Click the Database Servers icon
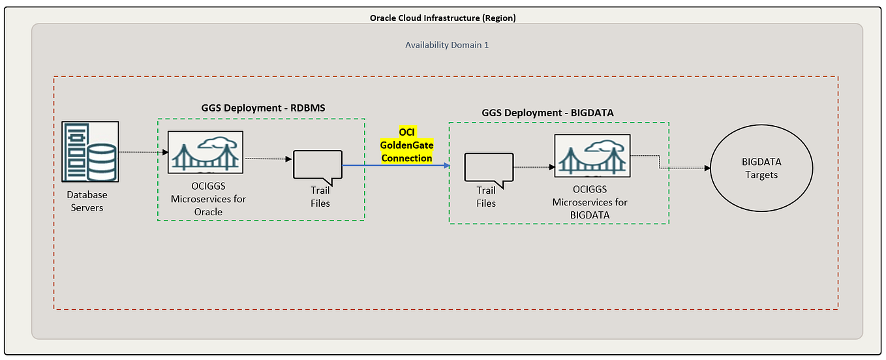tap(90, 151)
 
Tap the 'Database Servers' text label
tap(87, 201)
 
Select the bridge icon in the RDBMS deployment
tap(206, 152)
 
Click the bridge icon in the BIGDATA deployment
tap(592, 155)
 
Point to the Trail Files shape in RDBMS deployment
tap(318, 166)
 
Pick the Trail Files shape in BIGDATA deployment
tap(489, 168)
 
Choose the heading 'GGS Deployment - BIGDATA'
tap(547, 112)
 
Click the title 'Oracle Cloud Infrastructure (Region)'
tap(443, 18)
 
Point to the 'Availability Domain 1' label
tap(447, 45)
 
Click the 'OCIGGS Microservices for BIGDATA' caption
tap(589, 202)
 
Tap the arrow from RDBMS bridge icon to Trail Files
tap(267, 158)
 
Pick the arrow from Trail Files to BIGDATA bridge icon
tap(533, 167)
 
